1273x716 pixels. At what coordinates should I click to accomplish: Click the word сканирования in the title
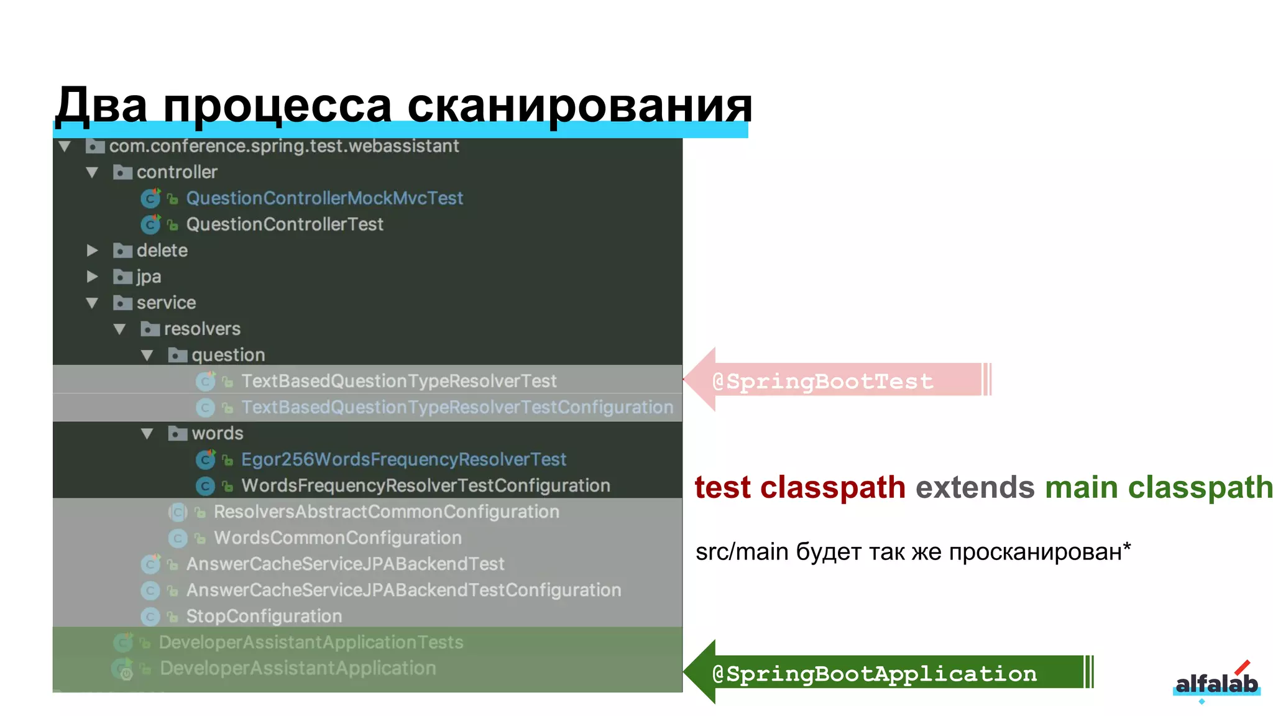579,104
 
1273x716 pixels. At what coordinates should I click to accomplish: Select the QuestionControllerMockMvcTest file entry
324,198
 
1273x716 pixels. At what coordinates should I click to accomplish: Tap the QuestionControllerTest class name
285,224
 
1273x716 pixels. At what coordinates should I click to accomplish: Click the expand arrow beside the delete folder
93,250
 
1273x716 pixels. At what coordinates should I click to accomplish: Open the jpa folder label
149,277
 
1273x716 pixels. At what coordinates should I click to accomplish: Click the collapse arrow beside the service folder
93,303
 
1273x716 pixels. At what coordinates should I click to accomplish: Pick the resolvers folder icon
150,329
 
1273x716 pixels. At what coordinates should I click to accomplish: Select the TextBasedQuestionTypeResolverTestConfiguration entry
457,407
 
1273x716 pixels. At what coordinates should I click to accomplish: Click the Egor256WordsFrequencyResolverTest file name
403,459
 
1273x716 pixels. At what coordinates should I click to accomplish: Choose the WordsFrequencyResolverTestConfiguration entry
425,485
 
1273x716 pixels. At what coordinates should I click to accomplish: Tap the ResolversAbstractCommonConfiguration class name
386,512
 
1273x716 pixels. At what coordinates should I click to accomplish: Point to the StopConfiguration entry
264,616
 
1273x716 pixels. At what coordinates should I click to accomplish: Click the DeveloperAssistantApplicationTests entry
311,642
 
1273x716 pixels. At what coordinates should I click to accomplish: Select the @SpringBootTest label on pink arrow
822,381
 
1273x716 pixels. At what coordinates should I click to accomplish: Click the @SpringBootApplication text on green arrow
875,674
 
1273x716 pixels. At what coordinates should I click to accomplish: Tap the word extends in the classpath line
975,487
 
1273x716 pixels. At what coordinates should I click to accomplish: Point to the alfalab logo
1216,683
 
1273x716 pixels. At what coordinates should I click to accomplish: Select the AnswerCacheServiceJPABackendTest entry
345,564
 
